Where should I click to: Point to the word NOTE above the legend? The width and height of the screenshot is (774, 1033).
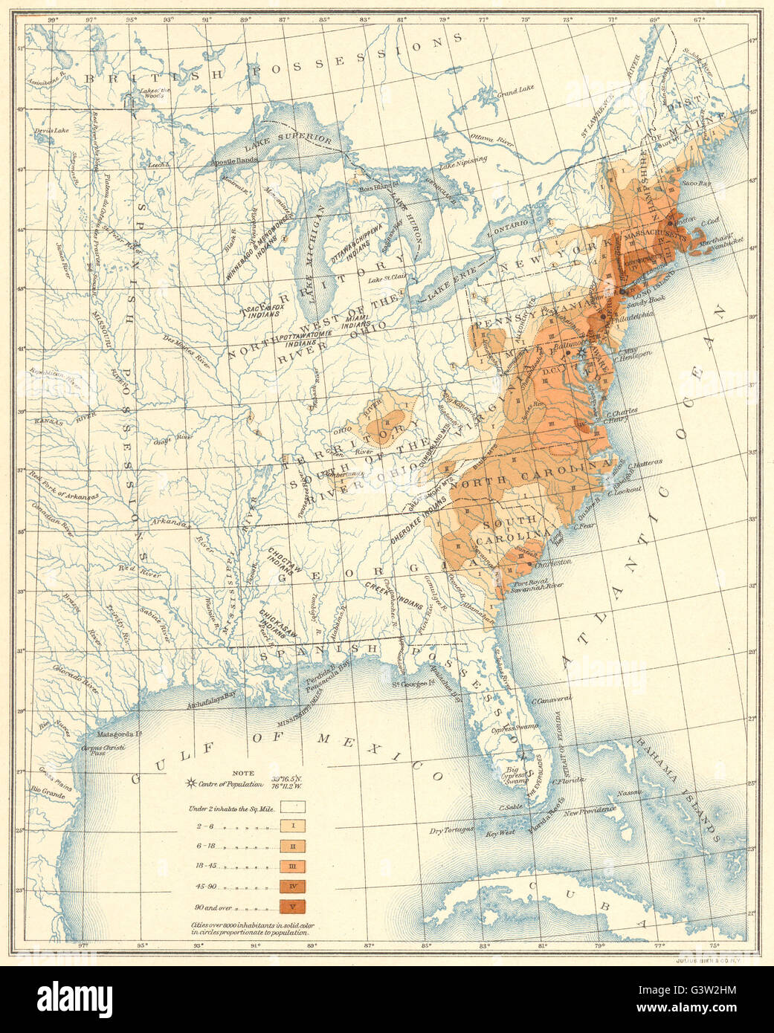tap(243, 772)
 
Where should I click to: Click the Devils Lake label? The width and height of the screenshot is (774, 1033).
tap(51, 130)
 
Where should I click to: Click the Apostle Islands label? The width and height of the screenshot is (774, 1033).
tap(236, 161)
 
